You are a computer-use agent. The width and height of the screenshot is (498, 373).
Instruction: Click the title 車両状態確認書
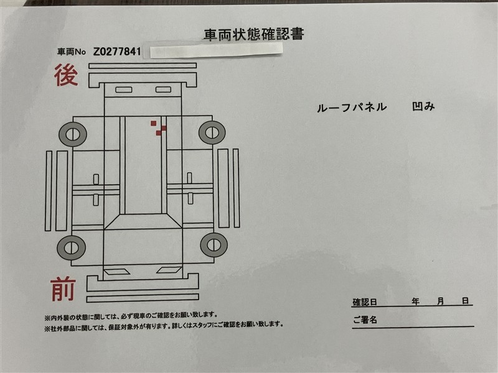coord(253,35)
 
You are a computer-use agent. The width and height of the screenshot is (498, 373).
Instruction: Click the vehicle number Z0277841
coord(117,51)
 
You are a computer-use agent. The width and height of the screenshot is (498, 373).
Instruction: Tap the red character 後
coord(66,75)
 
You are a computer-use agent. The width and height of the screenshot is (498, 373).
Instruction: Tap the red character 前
coord(63,288)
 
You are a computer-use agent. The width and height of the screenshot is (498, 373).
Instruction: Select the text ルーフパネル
coord(352,108)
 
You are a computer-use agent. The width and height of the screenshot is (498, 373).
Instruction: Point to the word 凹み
coord(423,106)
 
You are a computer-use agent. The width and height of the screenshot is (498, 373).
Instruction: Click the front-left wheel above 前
coord(71,247)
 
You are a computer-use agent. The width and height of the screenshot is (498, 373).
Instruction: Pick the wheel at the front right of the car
coord(214,245)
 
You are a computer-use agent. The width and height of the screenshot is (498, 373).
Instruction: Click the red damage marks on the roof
coord(159,128)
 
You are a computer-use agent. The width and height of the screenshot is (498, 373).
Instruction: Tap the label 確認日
coord(365,302)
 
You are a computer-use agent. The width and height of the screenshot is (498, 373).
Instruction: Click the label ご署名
coord(365,320)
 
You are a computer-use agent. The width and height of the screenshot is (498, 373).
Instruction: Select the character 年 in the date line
coord(415,301)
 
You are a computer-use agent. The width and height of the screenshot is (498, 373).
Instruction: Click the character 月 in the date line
coord(440,301)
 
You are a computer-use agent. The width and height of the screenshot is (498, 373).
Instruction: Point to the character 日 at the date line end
coord(465,300)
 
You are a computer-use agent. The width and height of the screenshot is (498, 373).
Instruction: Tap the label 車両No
coord(72,52)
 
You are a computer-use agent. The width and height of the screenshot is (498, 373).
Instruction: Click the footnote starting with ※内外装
coord(131,316)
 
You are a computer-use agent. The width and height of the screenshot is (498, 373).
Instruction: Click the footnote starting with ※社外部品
coord(164,325)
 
